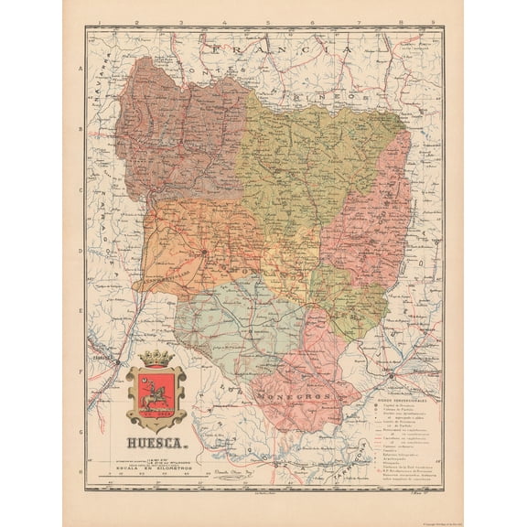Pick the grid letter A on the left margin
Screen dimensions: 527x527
point(81,70)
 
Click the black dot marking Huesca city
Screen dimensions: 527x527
point(205,249)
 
